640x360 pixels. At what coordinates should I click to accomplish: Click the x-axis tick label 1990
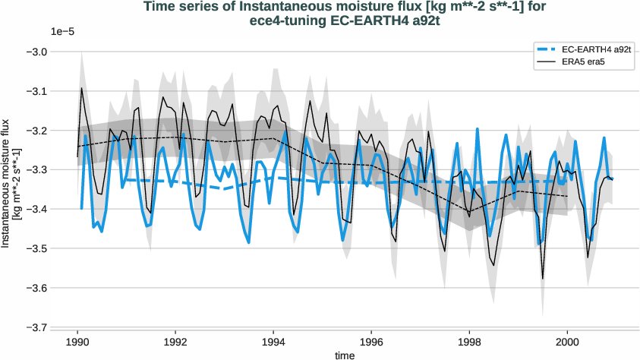77,341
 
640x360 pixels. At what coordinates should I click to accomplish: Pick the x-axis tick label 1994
273,341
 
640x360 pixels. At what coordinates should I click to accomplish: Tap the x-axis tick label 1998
469,341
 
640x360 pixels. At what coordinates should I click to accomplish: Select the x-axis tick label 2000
567,341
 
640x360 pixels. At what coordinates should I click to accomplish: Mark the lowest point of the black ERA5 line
542,279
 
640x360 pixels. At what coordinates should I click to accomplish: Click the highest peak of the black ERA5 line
82,88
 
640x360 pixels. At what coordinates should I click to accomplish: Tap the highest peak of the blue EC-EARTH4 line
478,129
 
